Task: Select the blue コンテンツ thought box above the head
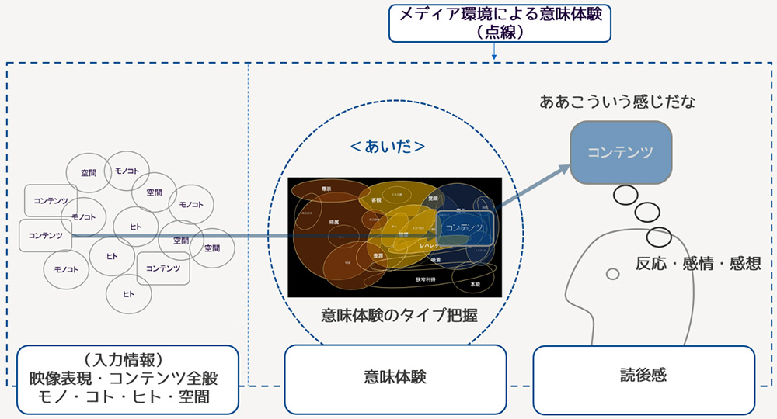(620, 152)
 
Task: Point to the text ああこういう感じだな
(608, 102)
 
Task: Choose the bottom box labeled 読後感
(643, 377)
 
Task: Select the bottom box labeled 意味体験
(395, 377)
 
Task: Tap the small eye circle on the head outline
(612, 273)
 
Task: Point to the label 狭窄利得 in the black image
(425, 279)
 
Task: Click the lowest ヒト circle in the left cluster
(128, 295)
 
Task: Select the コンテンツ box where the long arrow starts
(45, 235)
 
